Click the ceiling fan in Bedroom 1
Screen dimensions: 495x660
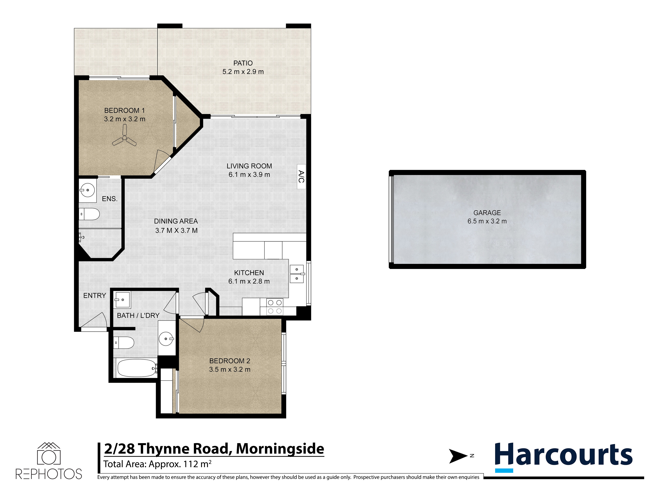click(124, 138)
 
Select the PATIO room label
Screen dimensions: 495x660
click(243, 63)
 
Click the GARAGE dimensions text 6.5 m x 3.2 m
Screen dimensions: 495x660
click(487, 221)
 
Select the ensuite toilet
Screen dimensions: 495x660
click(90, 214)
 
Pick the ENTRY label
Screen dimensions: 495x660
click(95, 295)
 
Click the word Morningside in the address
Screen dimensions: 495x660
click(280, 449)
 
